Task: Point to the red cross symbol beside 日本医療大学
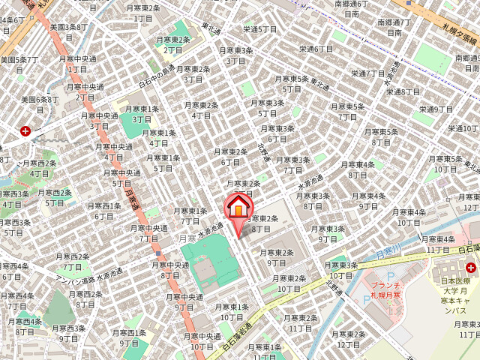[x=472, y=266]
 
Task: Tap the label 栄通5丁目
[x=260, y=29]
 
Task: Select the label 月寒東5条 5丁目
[x=292, y=83]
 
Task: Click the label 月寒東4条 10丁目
[x=408, y=216]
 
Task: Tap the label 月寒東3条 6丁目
[x=277, y=133]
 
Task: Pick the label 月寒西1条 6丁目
[x=105, y=211]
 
